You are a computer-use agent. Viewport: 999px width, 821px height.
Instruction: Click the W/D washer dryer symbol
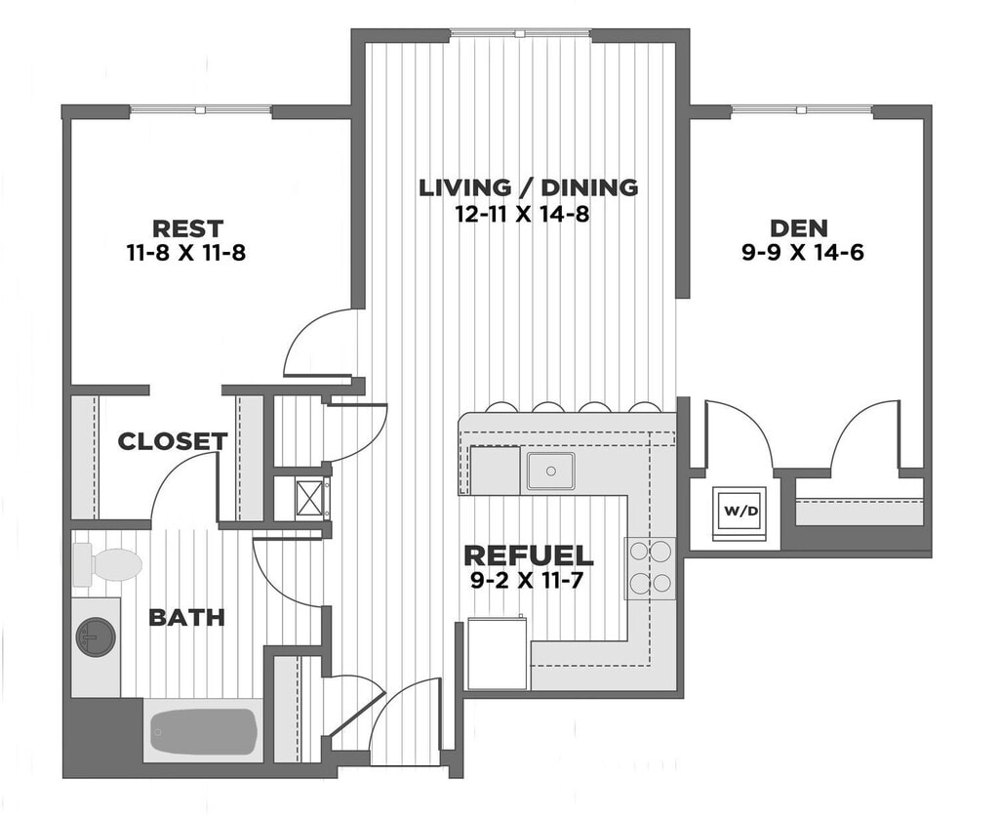tap(739, 512)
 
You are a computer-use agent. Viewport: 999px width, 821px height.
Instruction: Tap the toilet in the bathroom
tap(107, 565)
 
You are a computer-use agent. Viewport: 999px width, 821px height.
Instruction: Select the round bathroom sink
tap(96, 636)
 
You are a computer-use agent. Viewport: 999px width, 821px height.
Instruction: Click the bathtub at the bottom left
tap(203, 731)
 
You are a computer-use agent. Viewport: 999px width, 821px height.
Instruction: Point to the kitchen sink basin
tap(550, 472)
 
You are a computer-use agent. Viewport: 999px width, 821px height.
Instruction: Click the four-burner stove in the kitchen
tap(649, 568)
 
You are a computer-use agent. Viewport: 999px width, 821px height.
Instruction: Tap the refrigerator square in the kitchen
tap(498, 653)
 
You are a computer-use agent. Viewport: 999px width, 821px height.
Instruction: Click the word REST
tap(187, 228)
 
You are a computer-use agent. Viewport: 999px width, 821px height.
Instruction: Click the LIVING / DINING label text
tap(528, 187)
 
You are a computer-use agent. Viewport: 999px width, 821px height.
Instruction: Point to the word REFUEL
tap(528, 555)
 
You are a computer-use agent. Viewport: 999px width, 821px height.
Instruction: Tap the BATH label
tap(186, 618)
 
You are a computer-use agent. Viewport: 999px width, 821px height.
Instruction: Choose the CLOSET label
tap(173, 441)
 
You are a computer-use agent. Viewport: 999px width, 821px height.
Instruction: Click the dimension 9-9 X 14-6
tap(803, 253)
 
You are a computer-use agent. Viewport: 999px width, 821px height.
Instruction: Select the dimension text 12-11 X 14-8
tap(523, 214)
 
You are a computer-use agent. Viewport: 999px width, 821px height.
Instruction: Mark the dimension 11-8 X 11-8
tap(186, 253)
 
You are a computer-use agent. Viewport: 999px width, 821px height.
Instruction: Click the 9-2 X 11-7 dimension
tap(528, 581)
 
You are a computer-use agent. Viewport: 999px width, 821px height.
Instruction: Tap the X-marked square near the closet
tap(310, 497)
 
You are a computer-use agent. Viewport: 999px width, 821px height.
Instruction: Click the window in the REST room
tap(201, 109)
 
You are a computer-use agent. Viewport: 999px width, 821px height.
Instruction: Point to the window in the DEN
tap(802, 109)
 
